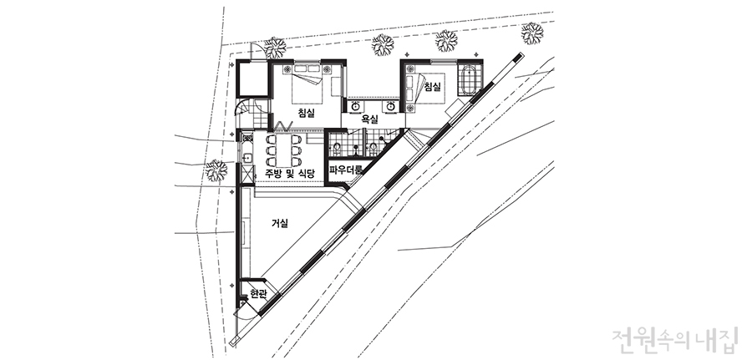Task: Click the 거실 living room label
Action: click(x=280, y=222)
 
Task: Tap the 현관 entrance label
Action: click(x=257, y=294)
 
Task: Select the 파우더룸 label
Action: click(x=346, y=169)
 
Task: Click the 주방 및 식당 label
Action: click(x=290, y=173)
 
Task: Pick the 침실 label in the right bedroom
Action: click(x=433, y=87)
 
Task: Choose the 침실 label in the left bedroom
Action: click(x=306, y=113)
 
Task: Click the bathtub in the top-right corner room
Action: click(x=468, y=79)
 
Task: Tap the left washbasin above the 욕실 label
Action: click(x=356, y=106)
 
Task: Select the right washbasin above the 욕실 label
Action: click(x=391, y=106)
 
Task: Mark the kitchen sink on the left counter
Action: click(x=247, y=158)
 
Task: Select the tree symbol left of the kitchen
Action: click(x=216, y=170)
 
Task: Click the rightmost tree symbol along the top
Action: click(x=532, y=33)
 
